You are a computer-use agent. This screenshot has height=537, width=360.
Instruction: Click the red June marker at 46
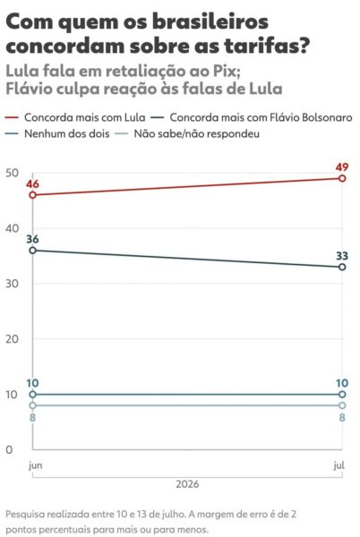tap(32, 195)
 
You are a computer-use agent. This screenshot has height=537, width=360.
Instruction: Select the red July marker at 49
tap(342, 178)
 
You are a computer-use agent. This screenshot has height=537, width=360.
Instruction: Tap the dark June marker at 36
tap(32, 251)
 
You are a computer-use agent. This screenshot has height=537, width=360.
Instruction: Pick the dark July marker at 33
tap(342, 267)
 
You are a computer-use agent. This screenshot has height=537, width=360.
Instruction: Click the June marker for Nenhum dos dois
tap(32, 395)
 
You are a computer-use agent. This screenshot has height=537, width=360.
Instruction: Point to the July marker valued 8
tap(342, 405)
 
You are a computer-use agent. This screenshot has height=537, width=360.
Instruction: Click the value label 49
tap(341, 167)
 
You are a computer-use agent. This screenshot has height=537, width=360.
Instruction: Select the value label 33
tap(341, 256)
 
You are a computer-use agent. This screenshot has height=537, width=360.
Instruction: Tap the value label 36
tap(32, 239)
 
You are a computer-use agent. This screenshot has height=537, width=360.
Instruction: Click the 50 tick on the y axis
tap(12, 173)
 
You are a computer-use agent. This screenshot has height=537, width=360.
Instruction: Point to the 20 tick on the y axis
tap(12, 339)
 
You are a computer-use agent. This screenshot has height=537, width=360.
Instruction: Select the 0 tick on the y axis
tap(9, 449)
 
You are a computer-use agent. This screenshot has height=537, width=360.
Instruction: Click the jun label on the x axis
tap(35, 465)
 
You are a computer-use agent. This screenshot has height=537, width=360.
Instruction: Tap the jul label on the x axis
tap(339, 465)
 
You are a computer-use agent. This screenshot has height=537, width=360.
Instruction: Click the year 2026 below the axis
tap(187, 484)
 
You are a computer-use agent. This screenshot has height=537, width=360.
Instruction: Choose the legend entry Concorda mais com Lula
tap(75, 117)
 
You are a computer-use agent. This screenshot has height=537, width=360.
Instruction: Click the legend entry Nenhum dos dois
tap(57, 133)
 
